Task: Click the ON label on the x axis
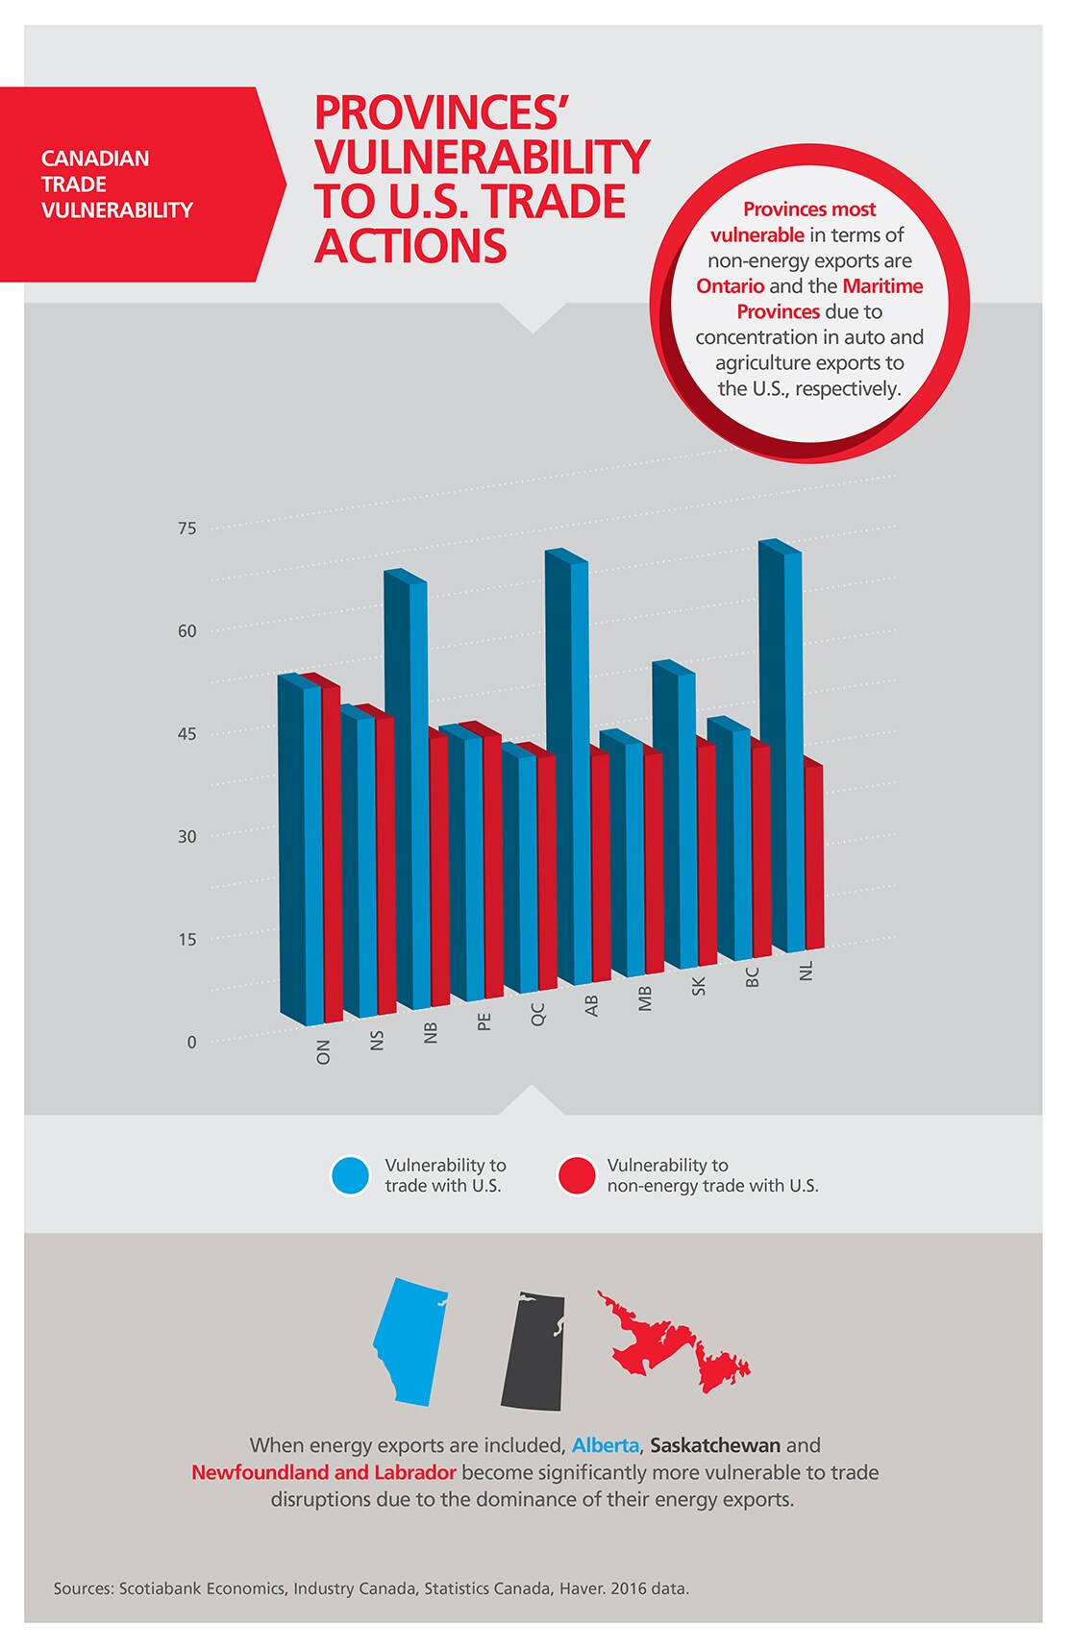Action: pos(323,1051)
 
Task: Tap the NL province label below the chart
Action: pos(806,971)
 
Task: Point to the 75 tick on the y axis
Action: pos(186,529)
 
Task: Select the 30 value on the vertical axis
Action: pos(186,836)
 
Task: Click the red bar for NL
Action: pos(813,855)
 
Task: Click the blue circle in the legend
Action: pos(350,1175)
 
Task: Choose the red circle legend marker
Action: pos(577,1175)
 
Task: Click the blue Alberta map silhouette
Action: pos(411,1341)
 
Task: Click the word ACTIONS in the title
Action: pos(410,246)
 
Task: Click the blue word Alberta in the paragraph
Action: pos(605,1445)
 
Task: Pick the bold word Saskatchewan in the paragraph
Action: pos(715,1445)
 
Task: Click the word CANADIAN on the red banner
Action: pos(95,159)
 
